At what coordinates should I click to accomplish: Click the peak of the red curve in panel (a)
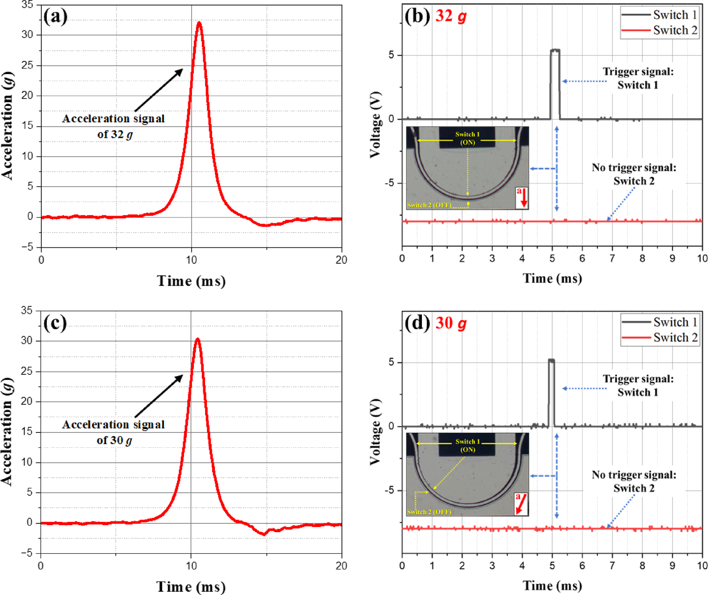point(199,22)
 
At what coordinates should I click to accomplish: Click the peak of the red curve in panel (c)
point(198,339)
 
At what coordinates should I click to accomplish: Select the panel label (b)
point(417,16)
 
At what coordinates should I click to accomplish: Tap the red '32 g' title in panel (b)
point(451,16)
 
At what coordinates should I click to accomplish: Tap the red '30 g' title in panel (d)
point(451,323)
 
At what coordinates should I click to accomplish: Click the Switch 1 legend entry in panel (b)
point(659,15)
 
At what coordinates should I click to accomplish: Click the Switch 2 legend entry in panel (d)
point(659,338)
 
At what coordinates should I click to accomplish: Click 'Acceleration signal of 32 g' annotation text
point(114,126)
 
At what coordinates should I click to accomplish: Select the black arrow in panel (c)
point(159,396)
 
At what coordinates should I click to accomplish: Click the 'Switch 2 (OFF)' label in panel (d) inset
point(429,512)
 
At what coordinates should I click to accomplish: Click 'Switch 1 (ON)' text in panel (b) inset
point(467,138)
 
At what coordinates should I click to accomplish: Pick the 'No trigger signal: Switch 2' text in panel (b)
point(634,174)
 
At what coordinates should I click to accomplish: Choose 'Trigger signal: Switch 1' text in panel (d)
point(638,386)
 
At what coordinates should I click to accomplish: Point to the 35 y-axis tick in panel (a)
point(28,5)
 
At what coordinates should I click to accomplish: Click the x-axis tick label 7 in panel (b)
point(612,259)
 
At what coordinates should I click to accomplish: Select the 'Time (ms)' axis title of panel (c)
point(191,587)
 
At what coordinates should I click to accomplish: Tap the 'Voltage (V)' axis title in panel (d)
point(375,432)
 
